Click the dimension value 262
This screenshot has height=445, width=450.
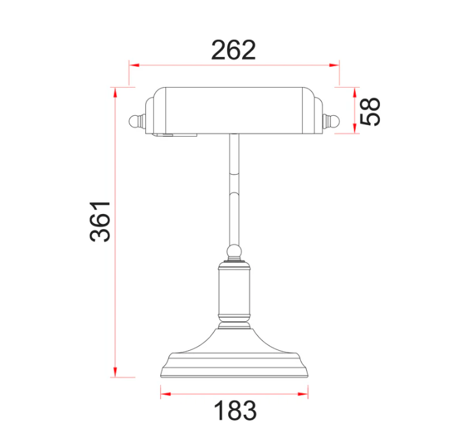pyautogui.click(x=234, y=50)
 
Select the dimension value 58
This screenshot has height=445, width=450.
pyautogui.click(x=371, y=111)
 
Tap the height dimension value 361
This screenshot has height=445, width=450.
pyautogui.click(x=100, y=221)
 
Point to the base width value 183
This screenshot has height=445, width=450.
pyautogui.click(x=234, y=411)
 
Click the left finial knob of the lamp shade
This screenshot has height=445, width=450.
pyautogui.click(x=135, y=121)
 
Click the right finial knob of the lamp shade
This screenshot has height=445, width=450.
pyautogui.click(x=332, y=121)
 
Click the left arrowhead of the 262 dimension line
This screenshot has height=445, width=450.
pyautogui.click(x=133, y=65)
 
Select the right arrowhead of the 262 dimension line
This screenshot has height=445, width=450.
pyautogui.click(x=336, y=65)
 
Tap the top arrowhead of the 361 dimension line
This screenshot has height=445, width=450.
pyautogui.click(x=116, y=92)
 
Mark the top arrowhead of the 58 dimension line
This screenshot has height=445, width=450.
pyautogui.click(x=355, y=92)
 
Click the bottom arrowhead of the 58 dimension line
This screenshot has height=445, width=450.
pyautogui.click(x=355, y=128)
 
